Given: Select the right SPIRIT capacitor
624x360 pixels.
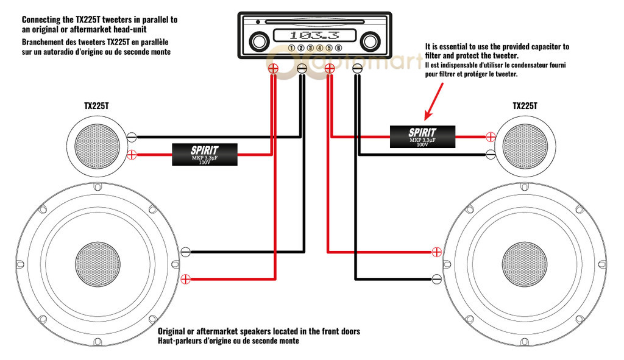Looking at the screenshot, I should pyautogui.click(x=422, y=137).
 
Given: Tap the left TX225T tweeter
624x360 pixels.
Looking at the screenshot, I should pyautogui.click(x=95, y=144).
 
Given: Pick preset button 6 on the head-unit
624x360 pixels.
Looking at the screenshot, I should pyautogui.click(x=338, y=48).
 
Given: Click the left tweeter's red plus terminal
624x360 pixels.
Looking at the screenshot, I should pyautogui.click(x=130, y=155).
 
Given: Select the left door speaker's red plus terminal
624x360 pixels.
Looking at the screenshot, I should pyautogui.click(x=186, y=280).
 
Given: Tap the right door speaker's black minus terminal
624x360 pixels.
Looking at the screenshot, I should pyautogui.click(x=436, y=279).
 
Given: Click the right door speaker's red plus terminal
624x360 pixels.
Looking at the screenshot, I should pyautogui.click(x=436, y=251).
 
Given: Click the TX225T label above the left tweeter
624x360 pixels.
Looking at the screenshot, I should pyautogui.click(x=97, y=105).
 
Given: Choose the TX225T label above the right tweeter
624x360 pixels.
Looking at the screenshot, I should pyautogui.click(x=525, y=105).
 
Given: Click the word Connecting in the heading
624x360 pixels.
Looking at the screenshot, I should pyautogui.click(x=42, y=19).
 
